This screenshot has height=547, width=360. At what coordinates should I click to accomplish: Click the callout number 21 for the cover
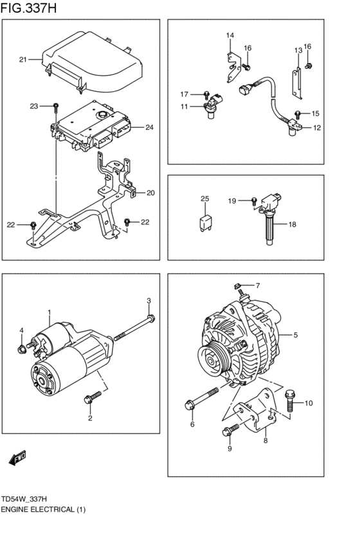[22, 60]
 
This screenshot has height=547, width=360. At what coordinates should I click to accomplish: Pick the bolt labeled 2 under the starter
[91, 399]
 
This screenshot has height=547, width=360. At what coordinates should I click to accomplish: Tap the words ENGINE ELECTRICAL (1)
[43, 509]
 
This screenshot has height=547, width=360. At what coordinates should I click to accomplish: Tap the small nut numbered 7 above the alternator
[238, 285]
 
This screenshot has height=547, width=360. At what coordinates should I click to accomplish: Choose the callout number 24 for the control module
[148, 127]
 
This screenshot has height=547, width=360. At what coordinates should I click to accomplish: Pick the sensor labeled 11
[210, 107]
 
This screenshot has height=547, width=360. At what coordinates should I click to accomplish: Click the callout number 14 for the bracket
[230, 35]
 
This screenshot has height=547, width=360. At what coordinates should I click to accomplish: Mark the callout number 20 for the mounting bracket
[150, 193]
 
